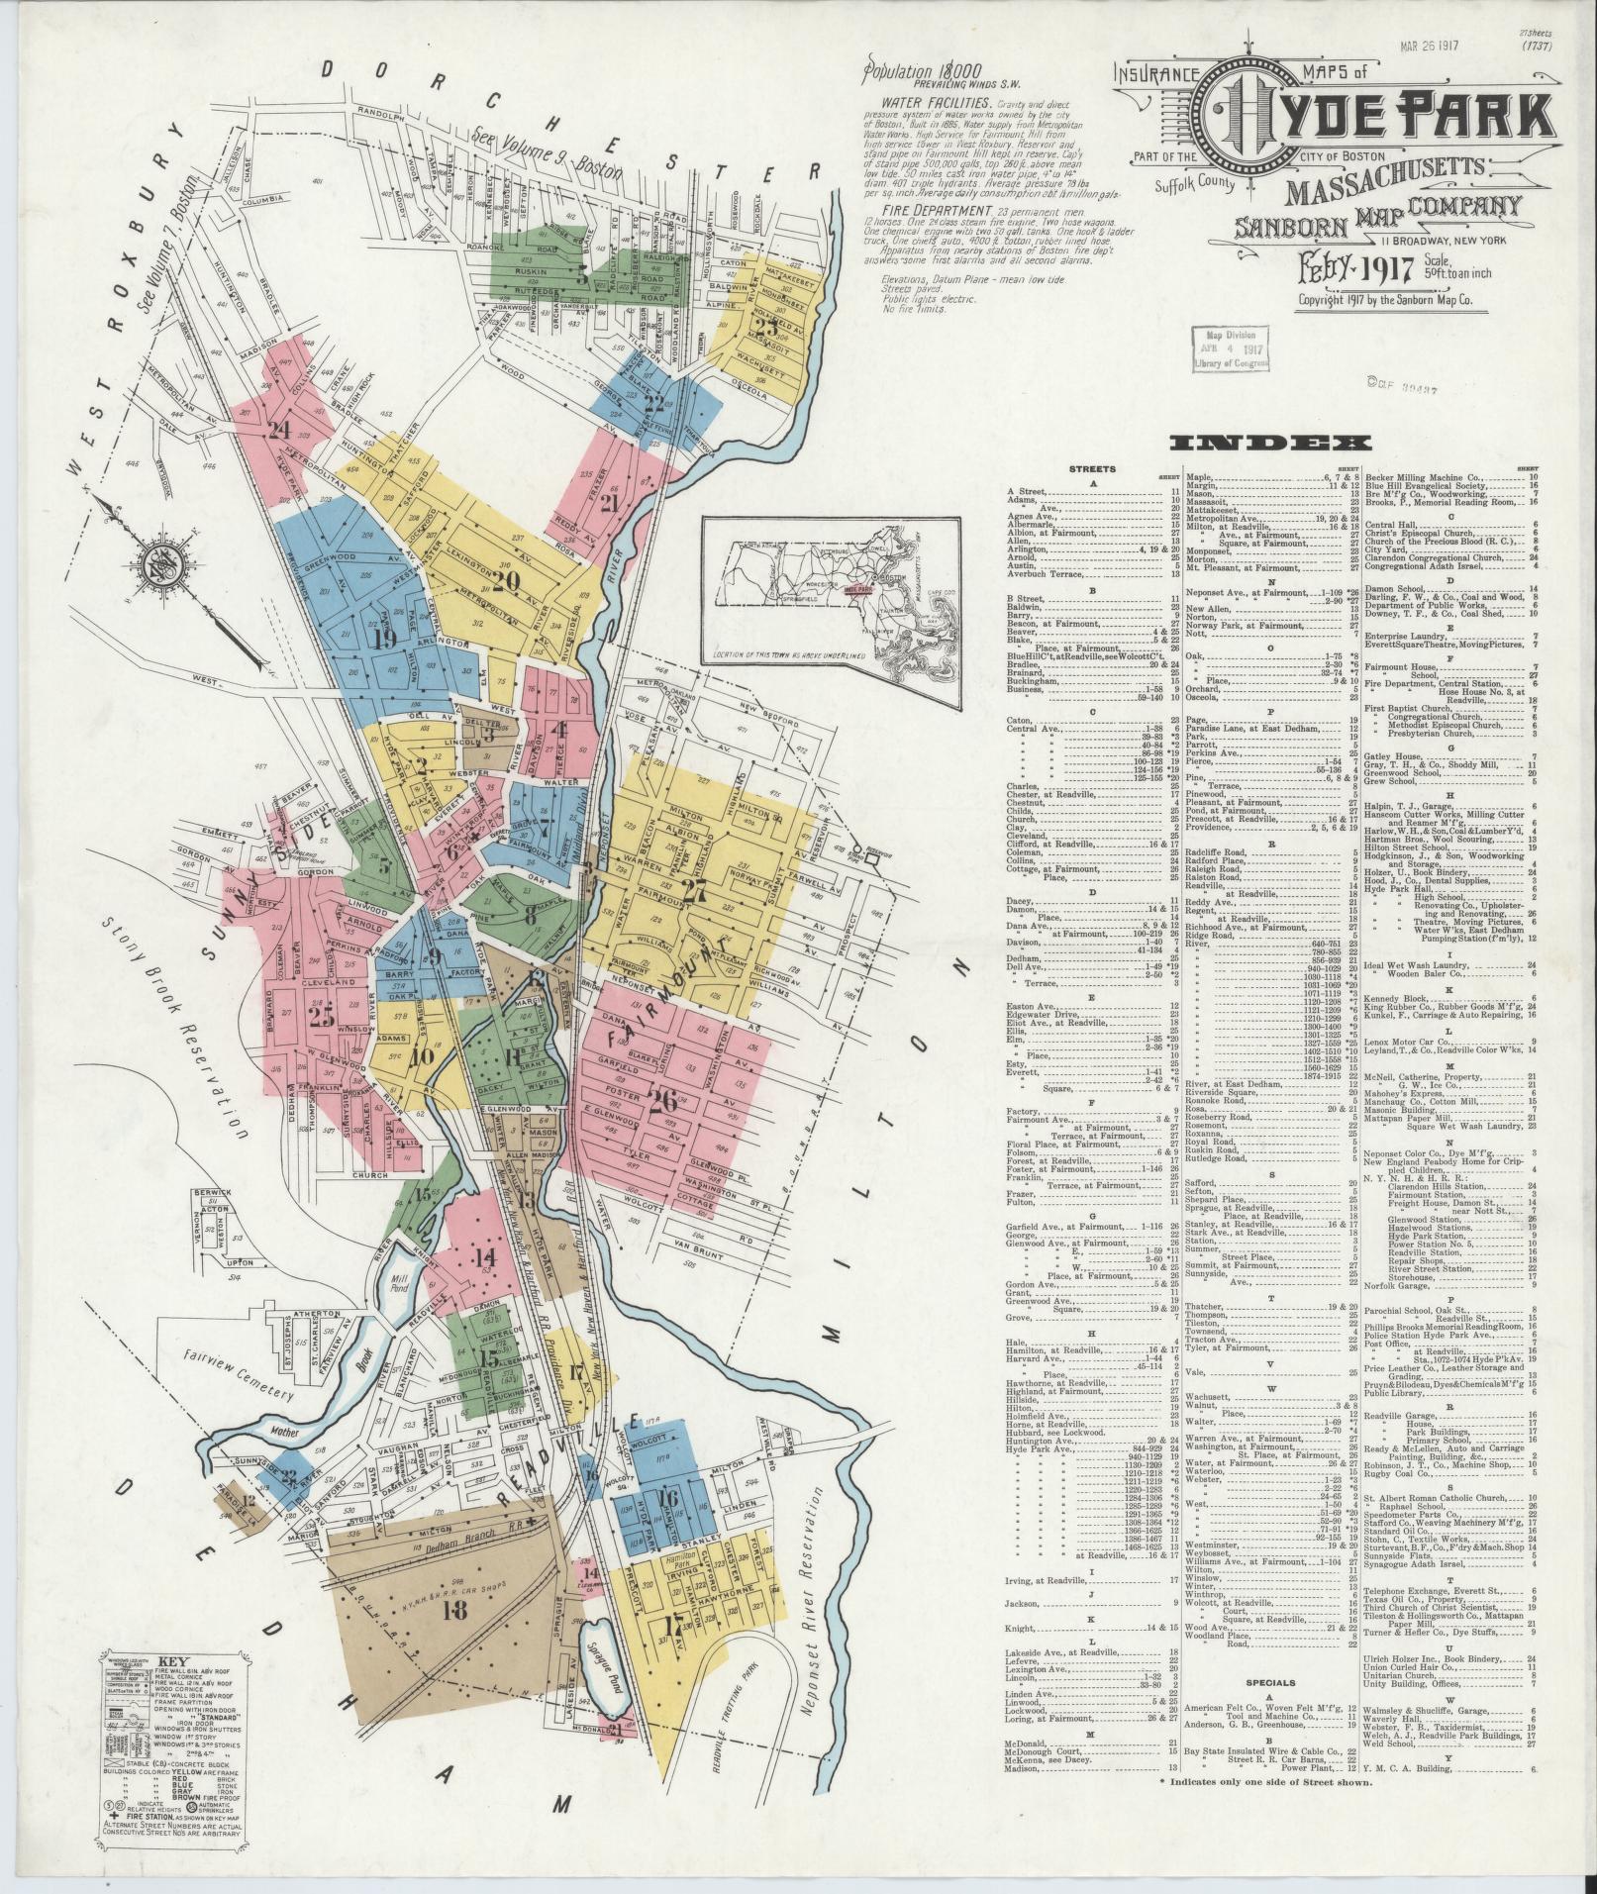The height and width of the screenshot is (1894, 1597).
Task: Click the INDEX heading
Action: point(1269,445)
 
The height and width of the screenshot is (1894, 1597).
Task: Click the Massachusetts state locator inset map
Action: point(832,589)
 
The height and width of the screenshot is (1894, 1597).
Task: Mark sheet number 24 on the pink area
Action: point(278,430)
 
